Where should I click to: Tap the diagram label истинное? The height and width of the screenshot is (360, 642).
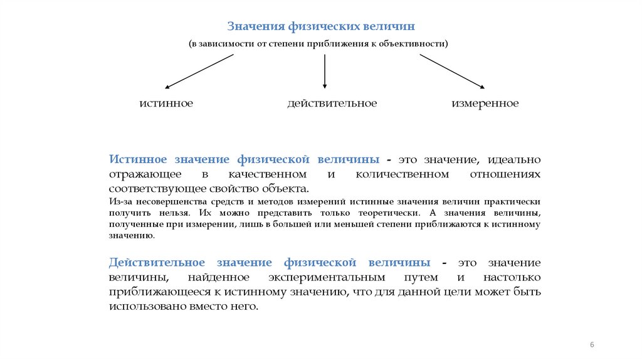tap(166, 103)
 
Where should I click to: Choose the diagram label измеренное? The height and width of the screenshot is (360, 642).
tap(485, 103)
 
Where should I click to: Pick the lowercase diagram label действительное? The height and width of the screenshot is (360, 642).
tap(332, 103)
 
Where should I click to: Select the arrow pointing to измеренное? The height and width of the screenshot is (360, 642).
tap(452, 71)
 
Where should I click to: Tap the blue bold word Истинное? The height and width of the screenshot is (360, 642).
tap(139, 159)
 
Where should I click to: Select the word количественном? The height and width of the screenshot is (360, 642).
tap(402, 174)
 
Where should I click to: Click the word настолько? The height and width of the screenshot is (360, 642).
tap(512, 277)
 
